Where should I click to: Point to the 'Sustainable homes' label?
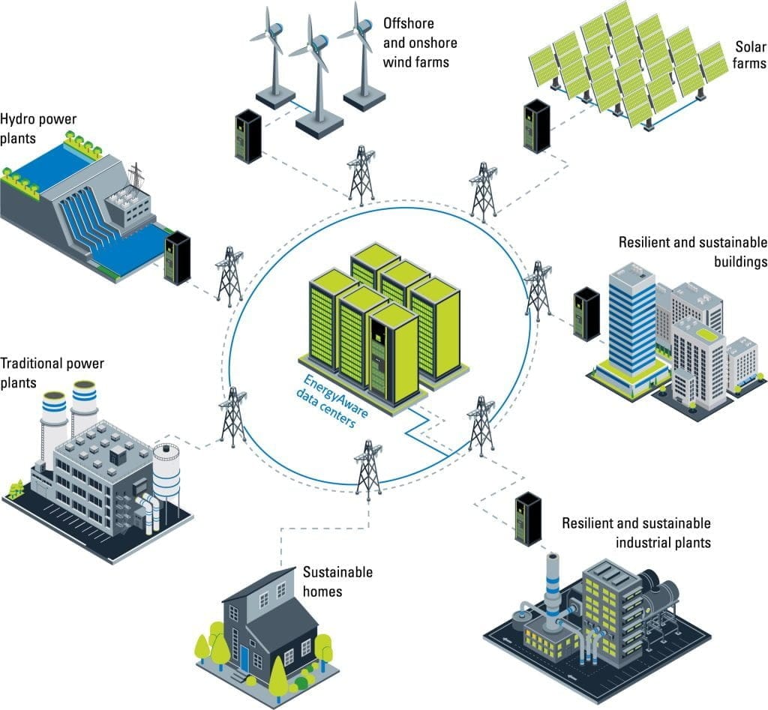coord(337,582)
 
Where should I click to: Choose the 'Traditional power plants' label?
coord(52,373)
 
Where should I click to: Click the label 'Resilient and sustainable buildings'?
coord(692,252)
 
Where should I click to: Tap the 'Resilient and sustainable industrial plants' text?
coord(636,532)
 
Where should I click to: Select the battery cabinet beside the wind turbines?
coord(247,136)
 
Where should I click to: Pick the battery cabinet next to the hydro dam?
coord(177,257)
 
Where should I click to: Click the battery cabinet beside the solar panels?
coord(536,128)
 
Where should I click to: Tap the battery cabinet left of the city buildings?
coord(586,314)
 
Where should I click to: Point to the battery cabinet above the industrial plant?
coord(528,519)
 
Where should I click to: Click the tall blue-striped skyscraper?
coord(631,319)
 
